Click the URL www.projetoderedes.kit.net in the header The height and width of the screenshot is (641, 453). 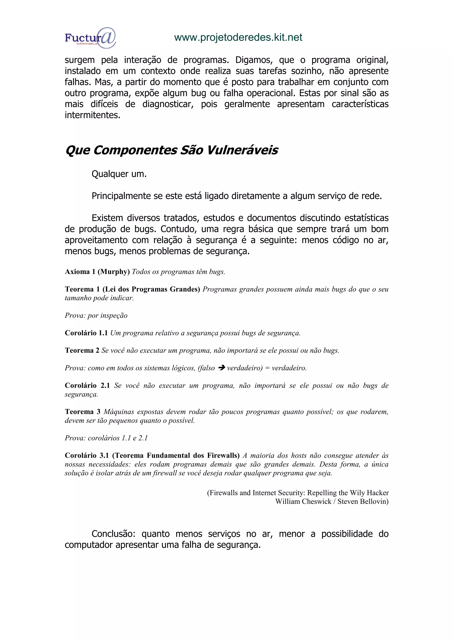pyautogui.click(x=238, y=37)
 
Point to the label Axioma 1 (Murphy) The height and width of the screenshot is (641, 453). pyautogui.click(x=97, y=272)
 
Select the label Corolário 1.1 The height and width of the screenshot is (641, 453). pyautogui.click(x=86, y=333)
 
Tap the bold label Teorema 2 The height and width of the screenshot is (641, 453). pyautogui.click(x=82, y=350)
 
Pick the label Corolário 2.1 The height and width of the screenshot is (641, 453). pyautogui.click(x=87, y=386)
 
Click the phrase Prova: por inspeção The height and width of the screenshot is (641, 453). pyautogui.click(x=96, y=315)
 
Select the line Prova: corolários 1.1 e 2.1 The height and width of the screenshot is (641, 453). pyautogui.click(x=106, y=438)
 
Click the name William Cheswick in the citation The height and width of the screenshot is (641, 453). pyautogui.click(x=303, y=501)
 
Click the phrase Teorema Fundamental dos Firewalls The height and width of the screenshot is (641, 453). pyautogui.click(x=176, y=455)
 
